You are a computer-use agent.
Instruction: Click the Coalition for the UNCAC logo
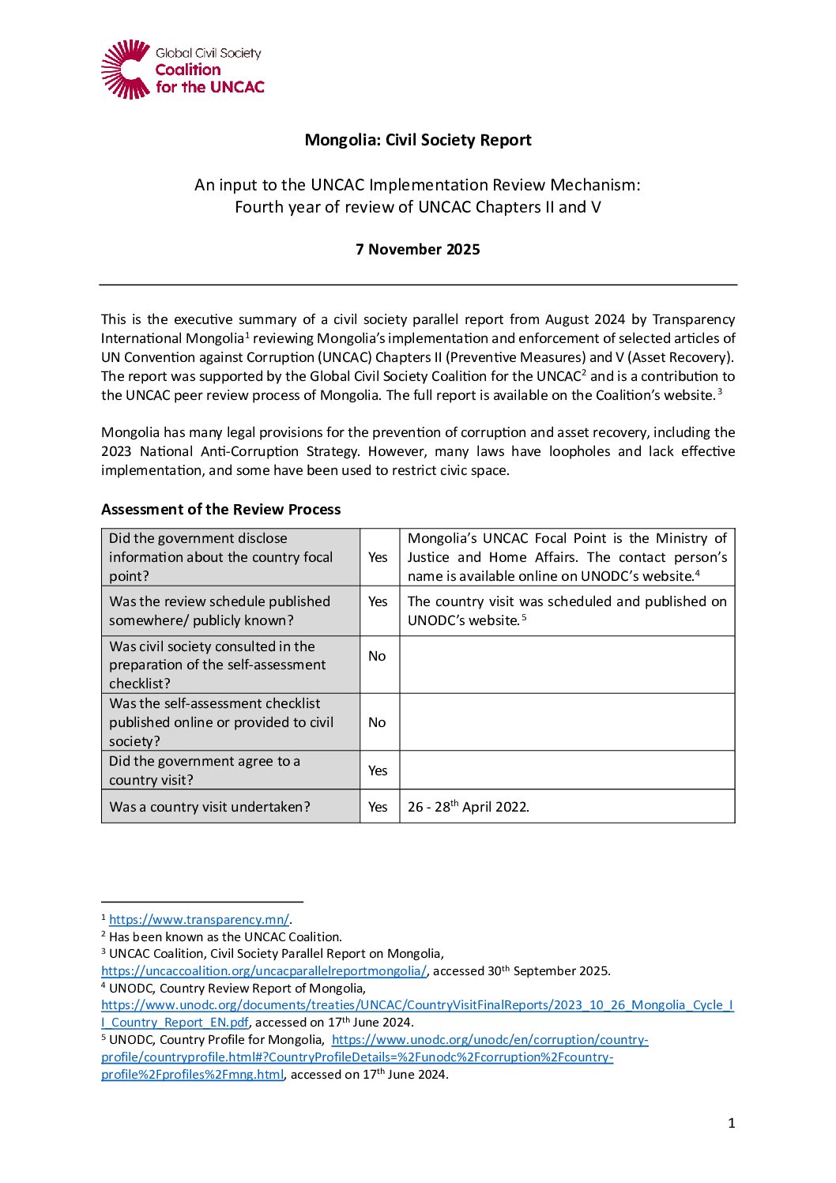coord(183,70)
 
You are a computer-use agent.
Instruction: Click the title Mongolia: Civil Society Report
coord(418,140)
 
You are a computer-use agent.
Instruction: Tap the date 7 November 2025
coord(418,250)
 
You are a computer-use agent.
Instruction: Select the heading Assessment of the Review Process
coord(221,510)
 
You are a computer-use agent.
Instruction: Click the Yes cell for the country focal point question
coord(378,557)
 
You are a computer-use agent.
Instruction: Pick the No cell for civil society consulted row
coord(378,656)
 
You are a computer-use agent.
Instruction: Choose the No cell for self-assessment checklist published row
coord(378,722)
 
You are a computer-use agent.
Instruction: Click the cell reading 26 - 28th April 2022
coord(469,807)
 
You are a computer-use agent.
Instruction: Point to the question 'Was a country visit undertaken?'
coord(210,807)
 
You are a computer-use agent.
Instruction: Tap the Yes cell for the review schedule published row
coord(378,601)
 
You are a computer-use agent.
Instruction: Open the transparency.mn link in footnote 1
coord(199,920)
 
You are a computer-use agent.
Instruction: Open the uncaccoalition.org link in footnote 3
coord(264,971)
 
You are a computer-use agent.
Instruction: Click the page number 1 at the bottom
coord(732,1123)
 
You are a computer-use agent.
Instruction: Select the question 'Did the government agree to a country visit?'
coord(205,770)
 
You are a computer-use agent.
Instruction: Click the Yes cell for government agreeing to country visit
coord(378,770)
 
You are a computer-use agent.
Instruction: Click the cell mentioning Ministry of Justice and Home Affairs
coord(567,557)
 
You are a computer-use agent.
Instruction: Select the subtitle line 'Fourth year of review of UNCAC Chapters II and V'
coord(418,207)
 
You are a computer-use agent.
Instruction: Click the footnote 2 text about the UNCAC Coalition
coord(225,937)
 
